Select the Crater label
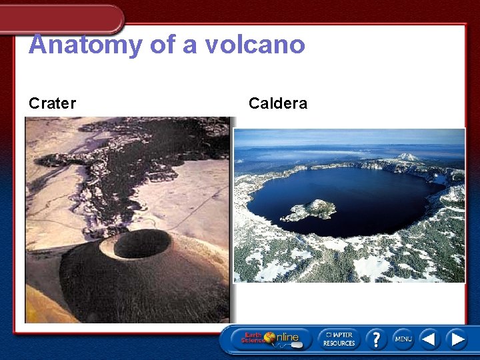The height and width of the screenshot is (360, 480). click(x=52, y=103)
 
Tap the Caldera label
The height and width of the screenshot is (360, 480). click(x=277, y=103)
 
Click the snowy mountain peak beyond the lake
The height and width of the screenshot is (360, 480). click(x=408, y=157)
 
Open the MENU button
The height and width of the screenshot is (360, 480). click(x=403, y=339)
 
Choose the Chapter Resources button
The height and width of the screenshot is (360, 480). click(x=339, y=339)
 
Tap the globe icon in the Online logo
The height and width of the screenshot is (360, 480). click(x=270, y=337)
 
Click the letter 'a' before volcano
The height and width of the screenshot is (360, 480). click(x=191, y=45)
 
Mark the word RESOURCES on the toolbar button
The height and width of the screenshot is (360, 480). click(x=339, y=343)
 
